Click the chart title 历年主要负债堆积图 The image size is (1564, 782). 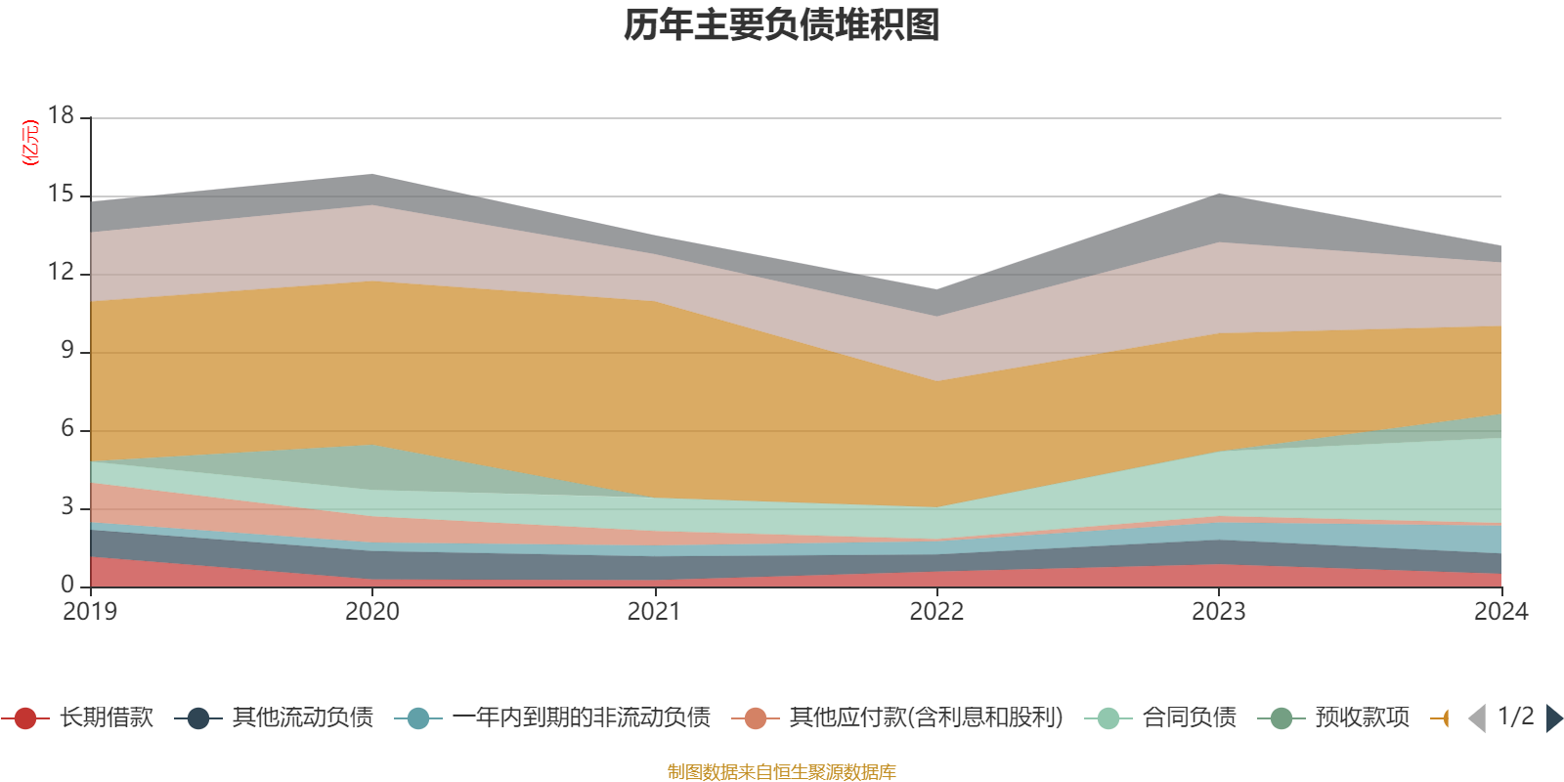pos(782,25)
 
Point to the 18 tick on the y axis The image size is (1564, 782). pos(62,115)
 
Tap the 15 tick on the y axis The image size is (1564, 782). pos(62,195)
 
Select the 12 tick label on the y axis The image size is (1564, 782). pos(62,272)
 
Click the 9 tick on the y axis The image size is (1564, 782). pos(67,350)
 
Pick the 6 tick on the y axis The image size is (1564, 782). pos(67,428)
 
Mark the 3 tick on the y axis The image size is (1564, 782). pos(67,506)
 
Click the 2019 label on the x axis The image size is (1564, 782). pos(90,612)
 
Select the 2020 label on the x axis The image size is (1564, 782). pos(372,612)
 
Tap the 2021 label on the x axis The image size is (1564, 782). pos(654,612)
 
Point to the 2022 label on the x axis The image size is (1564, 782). pos(936,612)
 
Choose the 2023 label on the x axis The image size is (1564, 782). pos(1218,612)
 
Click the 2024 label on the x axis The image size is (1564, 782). pos(1500,612)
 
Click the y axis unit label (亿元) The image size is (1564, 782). pos(30,143)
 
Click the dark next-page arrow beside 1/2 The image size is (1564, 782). pos(1553,718)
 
